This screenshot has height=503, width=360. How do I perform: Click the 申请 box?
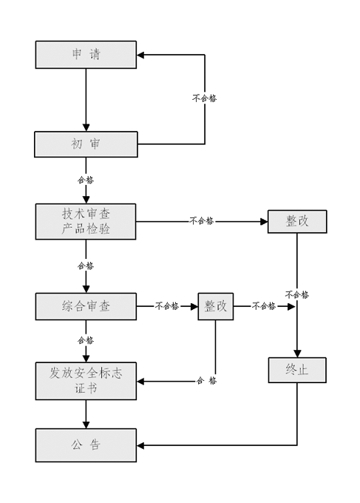86,55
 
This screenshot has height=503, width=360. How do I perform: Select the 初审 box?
86,144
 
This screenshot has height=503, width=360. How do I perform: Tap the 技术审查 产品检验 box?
86,221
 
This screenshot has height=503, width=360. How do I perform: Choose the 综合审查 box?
86,306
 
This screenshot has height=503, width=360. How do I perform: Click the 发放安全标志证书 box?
86,381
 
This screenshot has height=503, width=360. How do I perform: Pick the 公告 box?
86,445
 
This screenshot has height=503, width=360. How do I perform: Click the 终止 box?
297,370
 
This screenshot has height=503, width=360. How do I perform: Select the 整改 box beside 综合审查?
215,306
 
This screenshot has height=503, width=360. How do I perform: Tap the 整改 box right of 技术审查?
297,221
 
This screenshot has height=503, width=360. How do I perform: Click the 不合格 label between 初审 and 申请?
205,98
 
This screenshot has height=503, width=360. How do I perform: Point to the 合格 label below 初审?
86,180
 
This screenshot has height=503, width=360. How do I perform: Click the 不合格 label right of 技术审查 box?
202,220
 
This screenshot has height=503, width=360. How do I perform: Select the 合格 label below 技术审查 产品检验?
86,266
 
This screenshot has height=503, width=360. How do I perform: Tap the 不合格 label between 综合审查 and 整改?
167,306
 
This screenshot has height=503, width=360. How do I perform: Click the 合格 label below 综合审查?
86,340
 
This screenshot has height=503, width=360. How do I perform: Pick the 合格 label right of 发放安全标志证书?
207,381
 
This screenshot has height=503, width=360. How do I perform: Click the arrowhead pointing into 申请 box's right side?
140,55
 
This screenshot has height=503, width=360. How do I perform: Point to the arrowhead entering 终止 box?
297,354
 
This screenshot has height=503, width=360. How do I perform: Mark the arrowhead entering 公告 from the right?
140,445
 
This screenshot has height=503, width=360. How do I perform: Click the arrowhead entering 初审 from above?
86,127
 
